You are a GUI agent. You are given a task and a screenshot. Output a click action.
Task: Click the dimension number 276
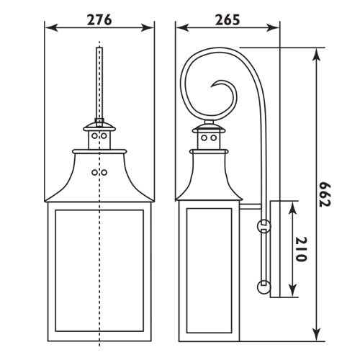(x=99, y=19)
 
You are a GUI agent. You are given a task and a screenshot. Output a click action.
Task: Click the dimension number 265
(x=228, y=19)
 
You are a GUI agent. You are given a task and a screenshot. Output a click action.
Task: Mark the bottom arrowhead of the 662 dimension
(x=316, y=337)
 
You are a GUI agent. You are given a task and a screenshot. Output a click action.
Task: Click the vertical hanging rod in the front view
(x=99, y=79)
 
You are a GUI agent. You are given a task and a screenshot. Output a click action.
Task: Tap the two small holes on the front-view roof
(x=99, y=172)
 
